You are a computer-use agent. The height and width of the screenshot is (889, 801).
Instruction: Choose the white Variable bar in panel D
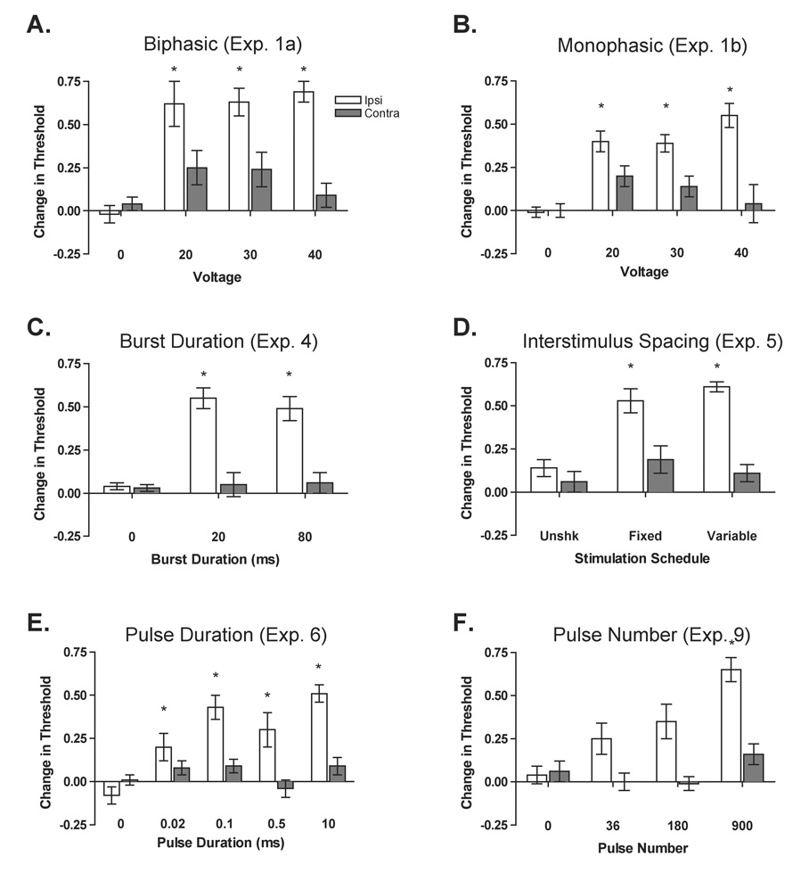(x=717, y=439)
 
